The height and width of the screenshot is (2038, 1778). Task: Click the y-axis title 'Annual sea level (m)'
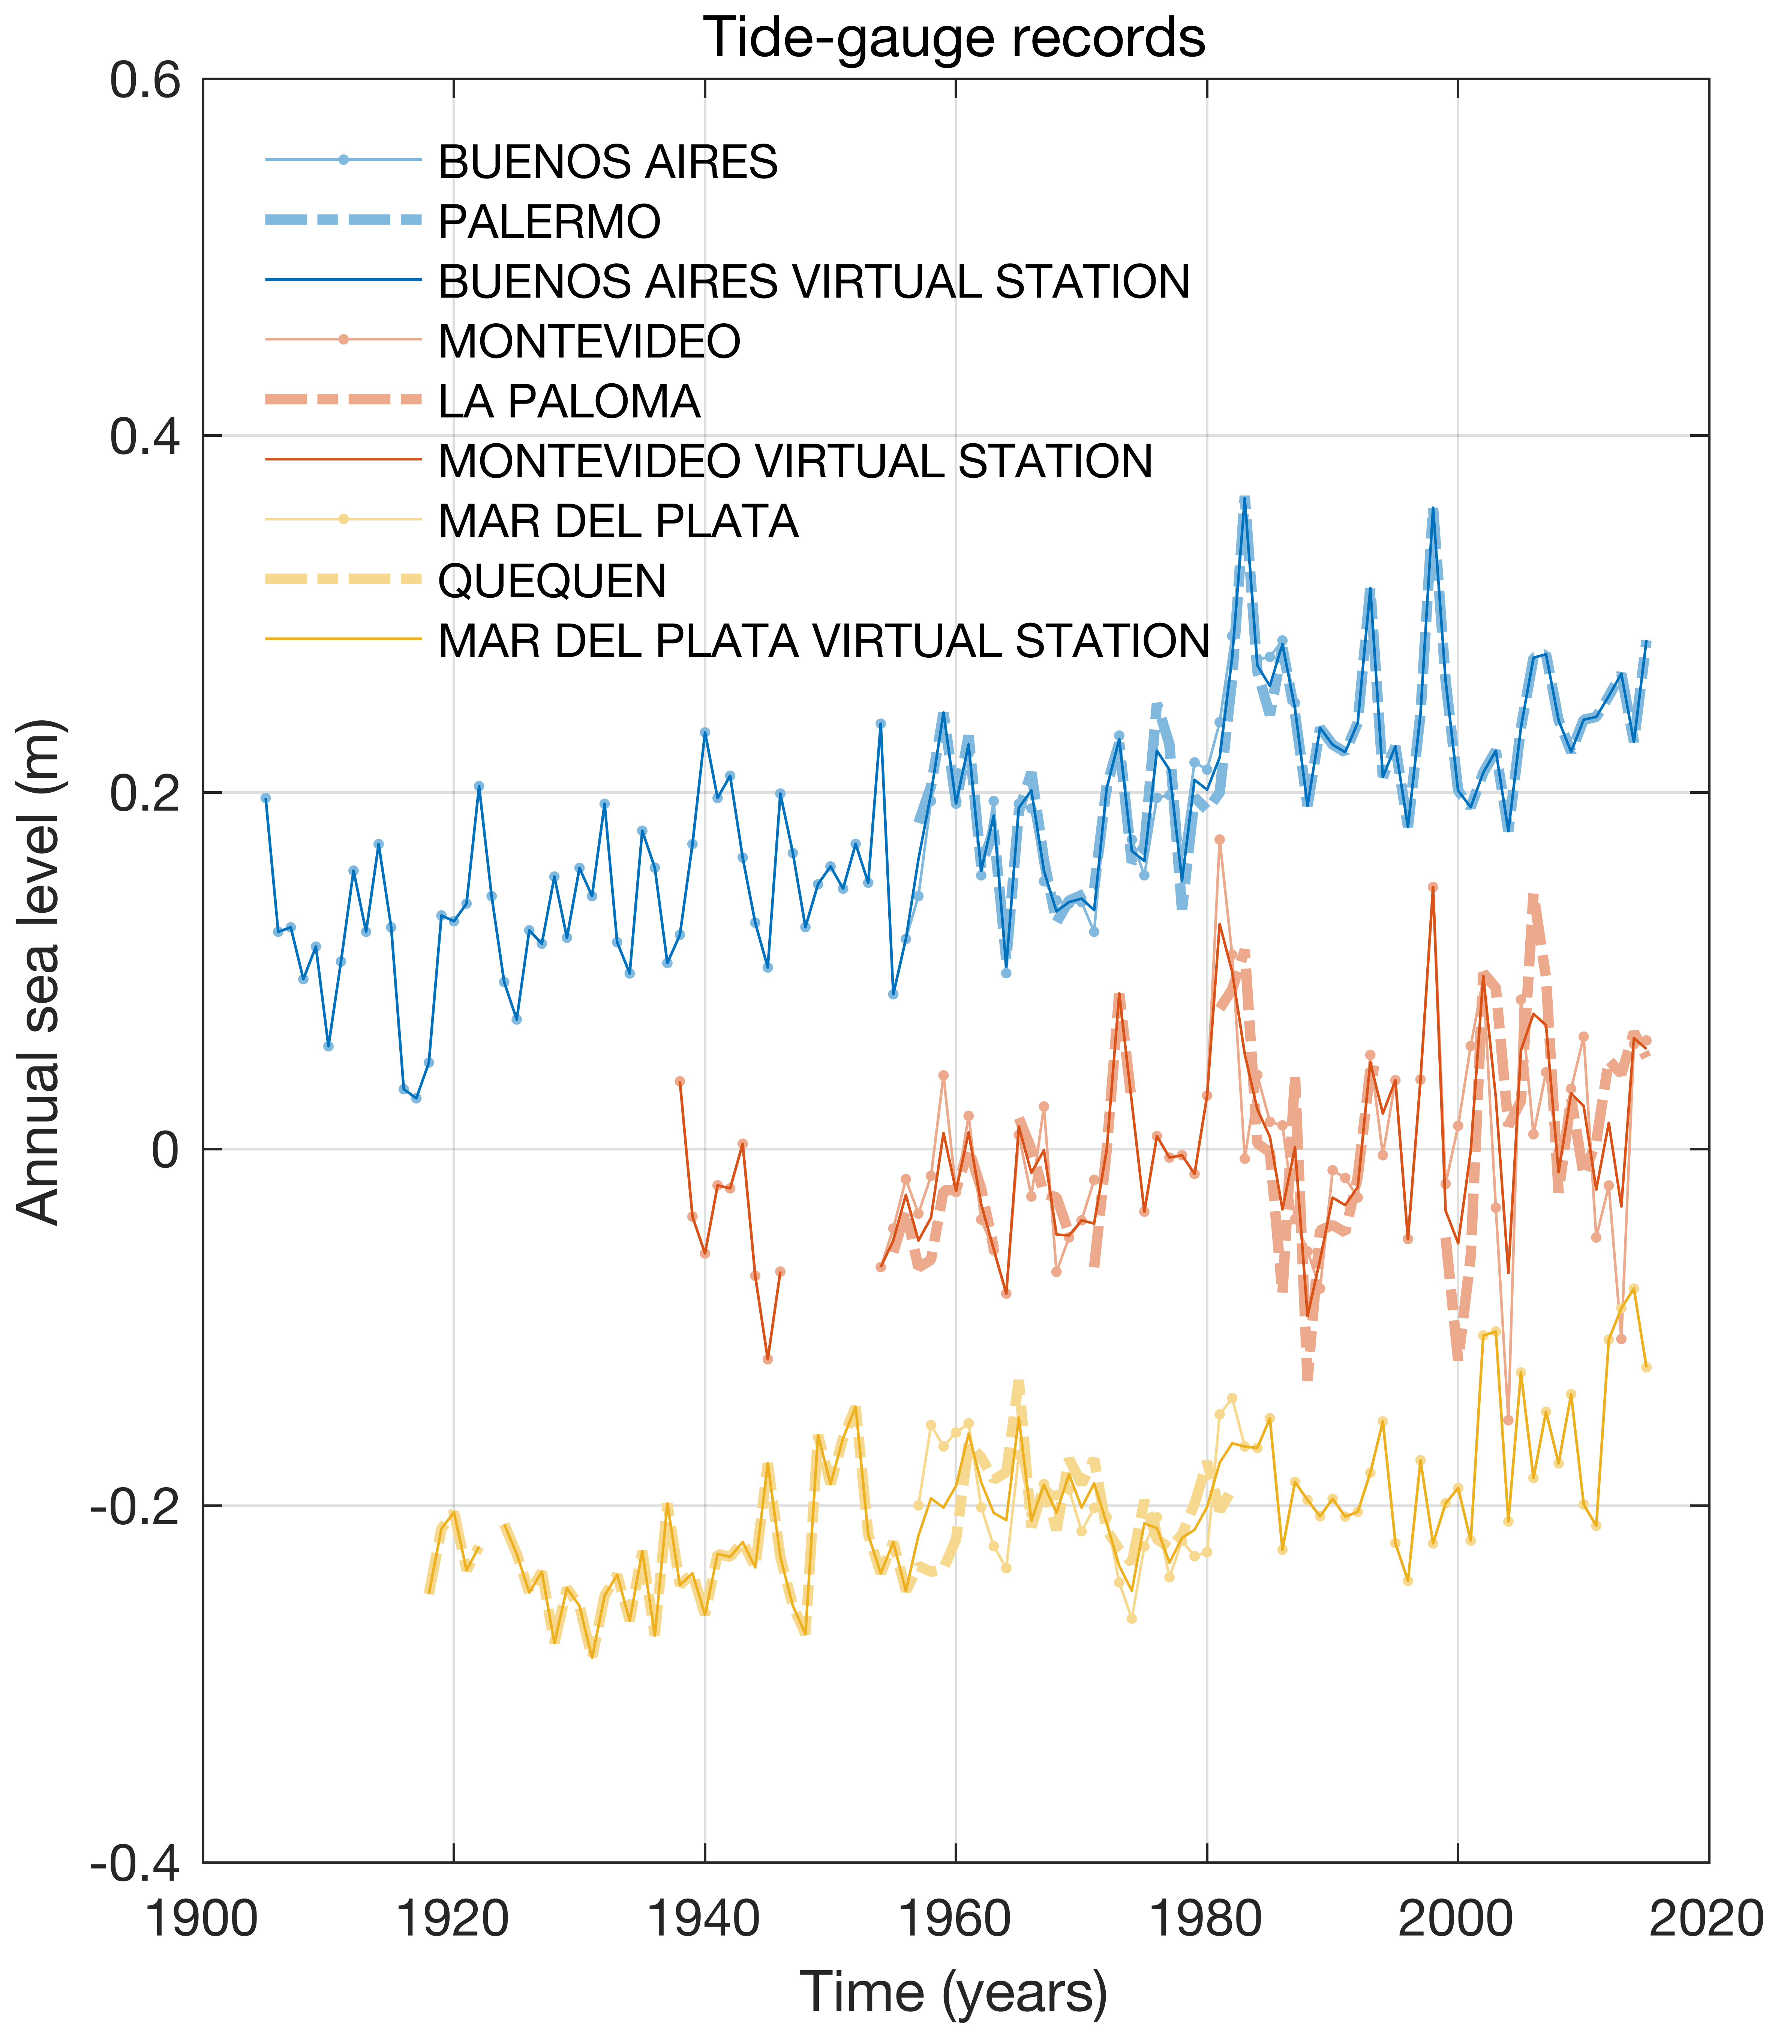pos(40,972)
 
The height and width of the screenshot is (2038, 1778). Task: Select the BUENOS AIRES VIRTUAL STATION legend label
pos(814,282)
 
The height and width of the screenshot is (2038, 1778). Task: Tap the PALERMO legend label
pos(549,221)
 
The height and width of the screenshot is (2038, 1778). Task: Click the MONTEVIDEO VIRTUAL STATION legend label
pos(795,461)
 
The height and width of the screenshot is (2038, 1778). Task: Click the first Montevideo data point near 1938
pos(680,1081)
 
